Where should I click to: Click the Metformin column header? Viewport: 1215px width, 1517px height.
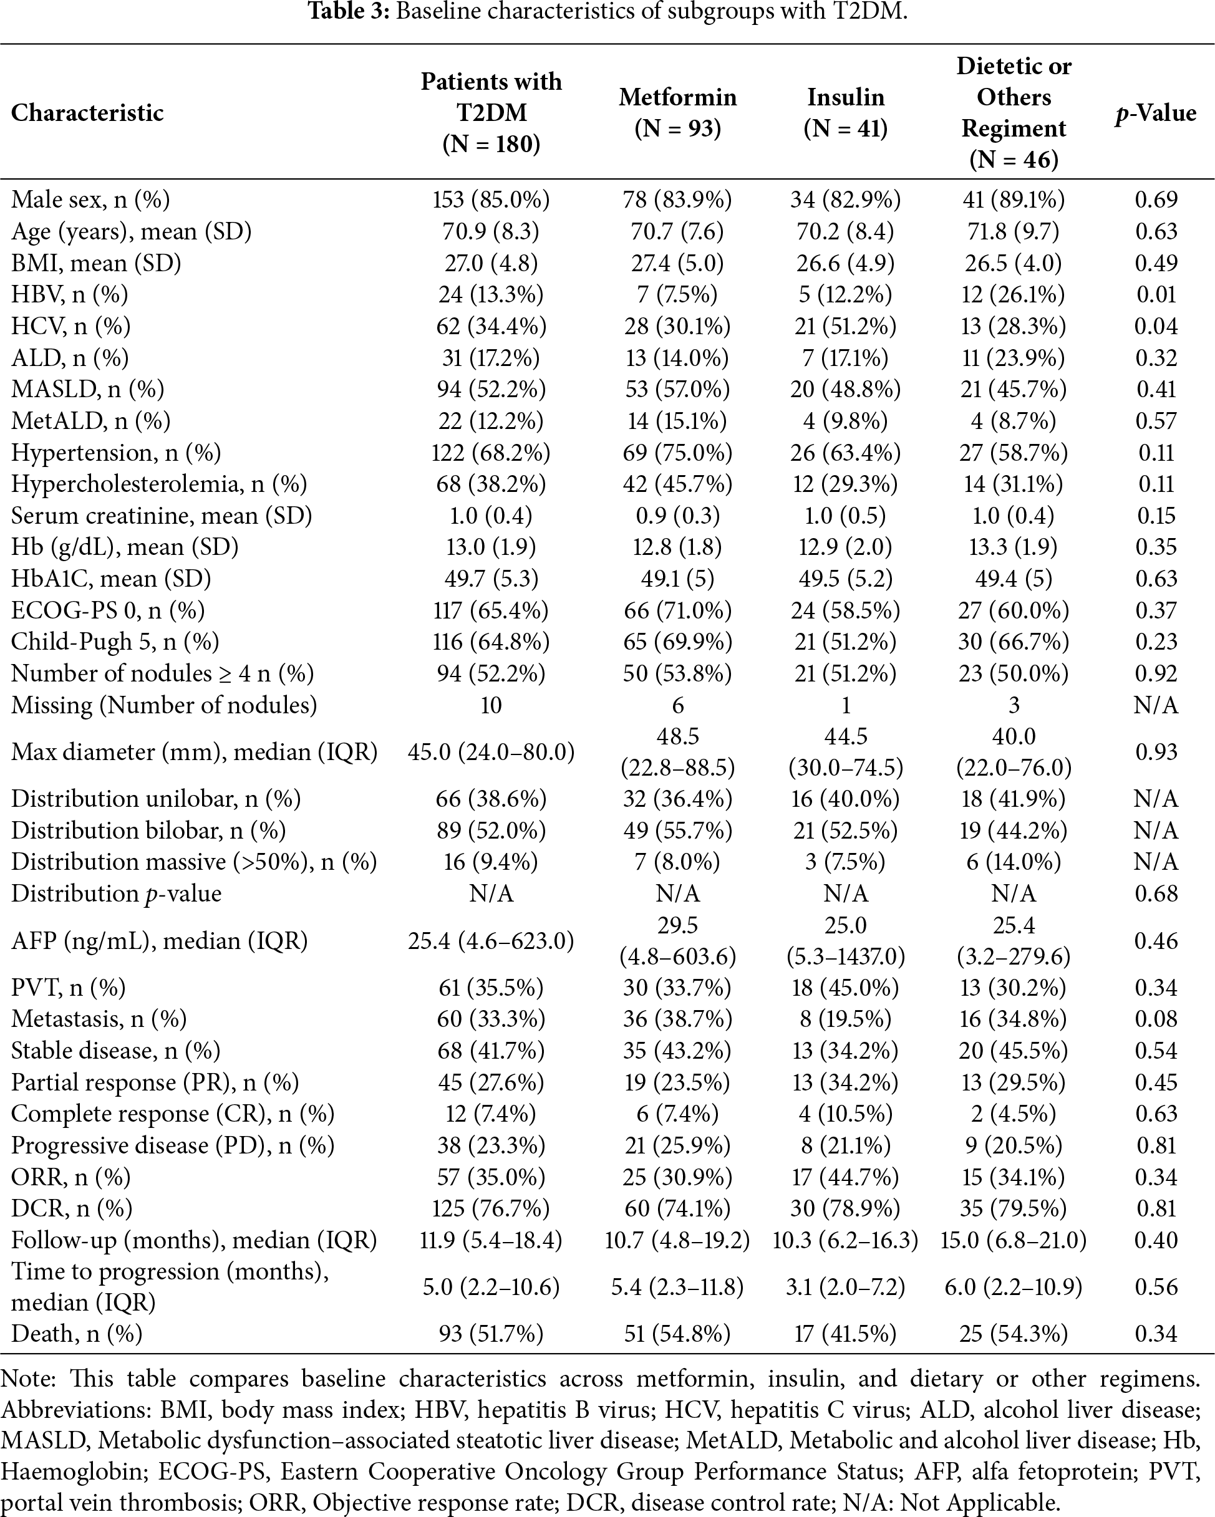tap(677, 113)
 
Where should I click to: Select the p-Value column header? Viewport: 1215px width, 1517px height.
tap(1155, 113)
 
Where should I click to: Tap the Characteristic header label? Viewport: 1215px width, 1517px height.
tap(87, 113)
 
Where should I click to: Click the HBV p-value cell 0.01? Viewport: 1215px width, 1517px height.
tap(1156, 294)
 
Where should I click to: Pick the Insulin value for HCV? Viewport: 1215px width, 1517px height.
tap(845, 325)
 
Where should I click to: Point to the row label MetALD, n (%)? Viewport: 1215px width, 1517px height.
tap(91, 421)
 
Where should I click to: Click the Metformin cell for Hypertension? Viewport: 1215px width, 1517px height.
tap(677, 453)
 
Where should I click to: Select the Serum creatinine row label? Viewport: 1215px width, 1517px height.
tap(161, 516)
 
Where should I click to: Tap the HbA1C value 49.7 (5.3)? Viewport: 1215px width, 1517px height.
tap(491, 579)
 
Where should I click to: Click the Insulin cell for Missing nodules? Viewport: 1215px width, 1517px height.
tap(845, 705)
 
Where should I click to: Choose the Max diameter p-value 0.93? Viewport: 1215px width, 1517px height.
tap(1156, 751)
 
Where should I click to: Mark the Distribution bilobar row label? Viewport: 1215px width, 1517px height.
tap(148, 831)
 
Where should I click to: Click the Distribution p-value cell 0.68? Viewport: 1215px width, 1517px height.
tap(1156, 893)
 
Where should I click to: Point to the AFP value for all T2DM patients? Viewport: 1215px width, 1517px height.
tap(491, 941)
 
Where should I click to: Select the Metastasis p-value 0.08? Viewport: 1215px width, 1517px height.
tap(1156, 1019)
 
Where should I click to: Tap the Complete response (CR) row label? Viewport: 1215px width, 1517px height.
tap(173, 1114)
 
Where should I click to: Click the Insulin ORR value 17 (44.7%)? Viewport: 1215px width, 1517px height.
tap(845, 1177)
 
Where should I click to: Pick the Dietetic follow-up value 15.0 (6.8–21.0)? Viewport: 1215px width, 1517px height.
tap(1013, 1240)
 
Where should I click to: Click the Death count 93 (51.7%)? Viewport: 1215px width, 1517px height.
tap(491, 1333)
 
